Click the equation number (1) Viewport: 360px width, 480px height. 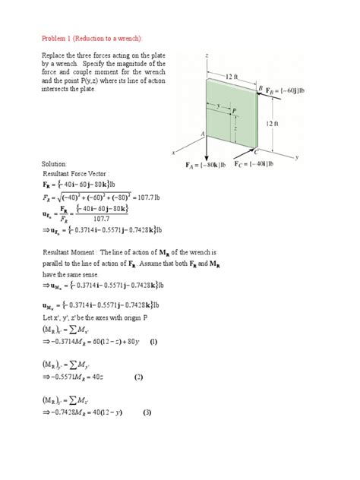153,342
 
